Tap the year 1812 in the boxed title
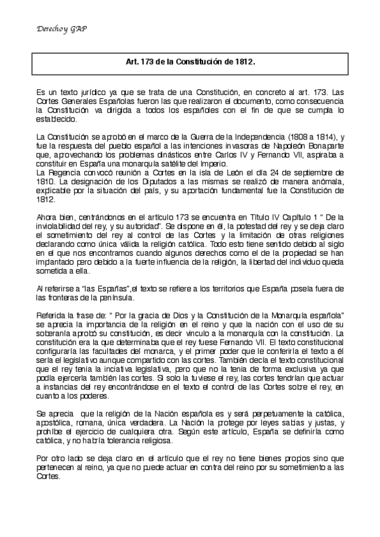(244, 63)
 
